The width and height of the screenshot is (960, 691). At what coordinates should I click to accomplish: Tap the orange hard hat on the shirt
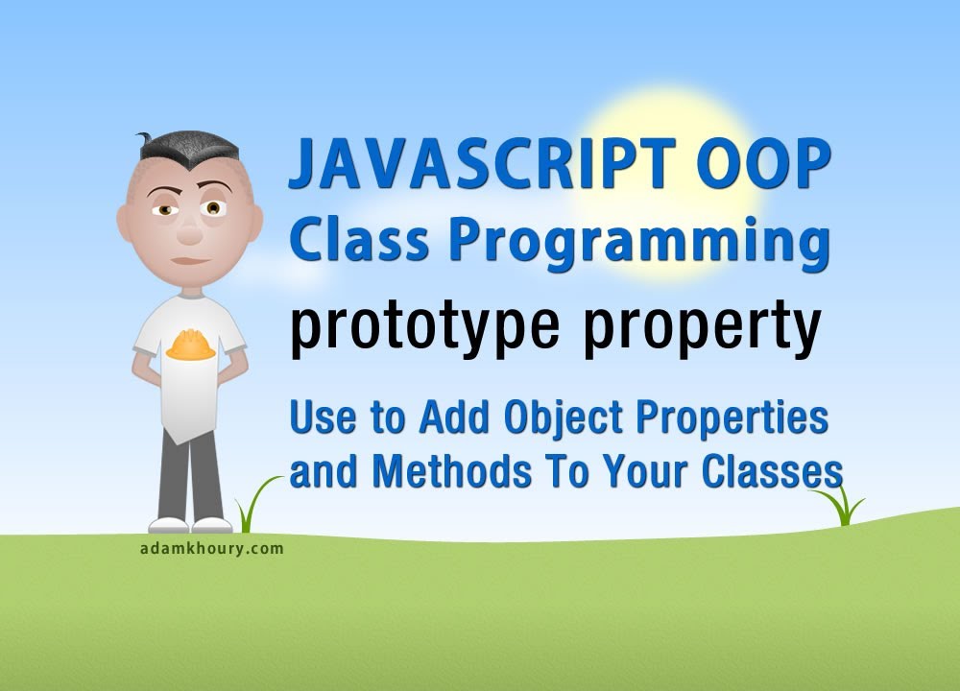190,345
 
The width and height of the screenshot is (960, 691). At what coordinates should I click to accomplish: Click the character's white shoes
190,525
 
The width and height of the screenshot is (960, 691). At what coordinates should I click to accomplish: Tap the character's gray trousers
191,475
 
